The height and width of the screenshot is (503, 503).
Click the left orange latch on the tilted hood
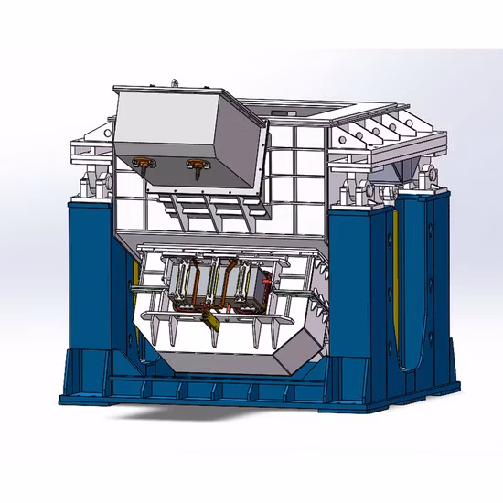(144, 165)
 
